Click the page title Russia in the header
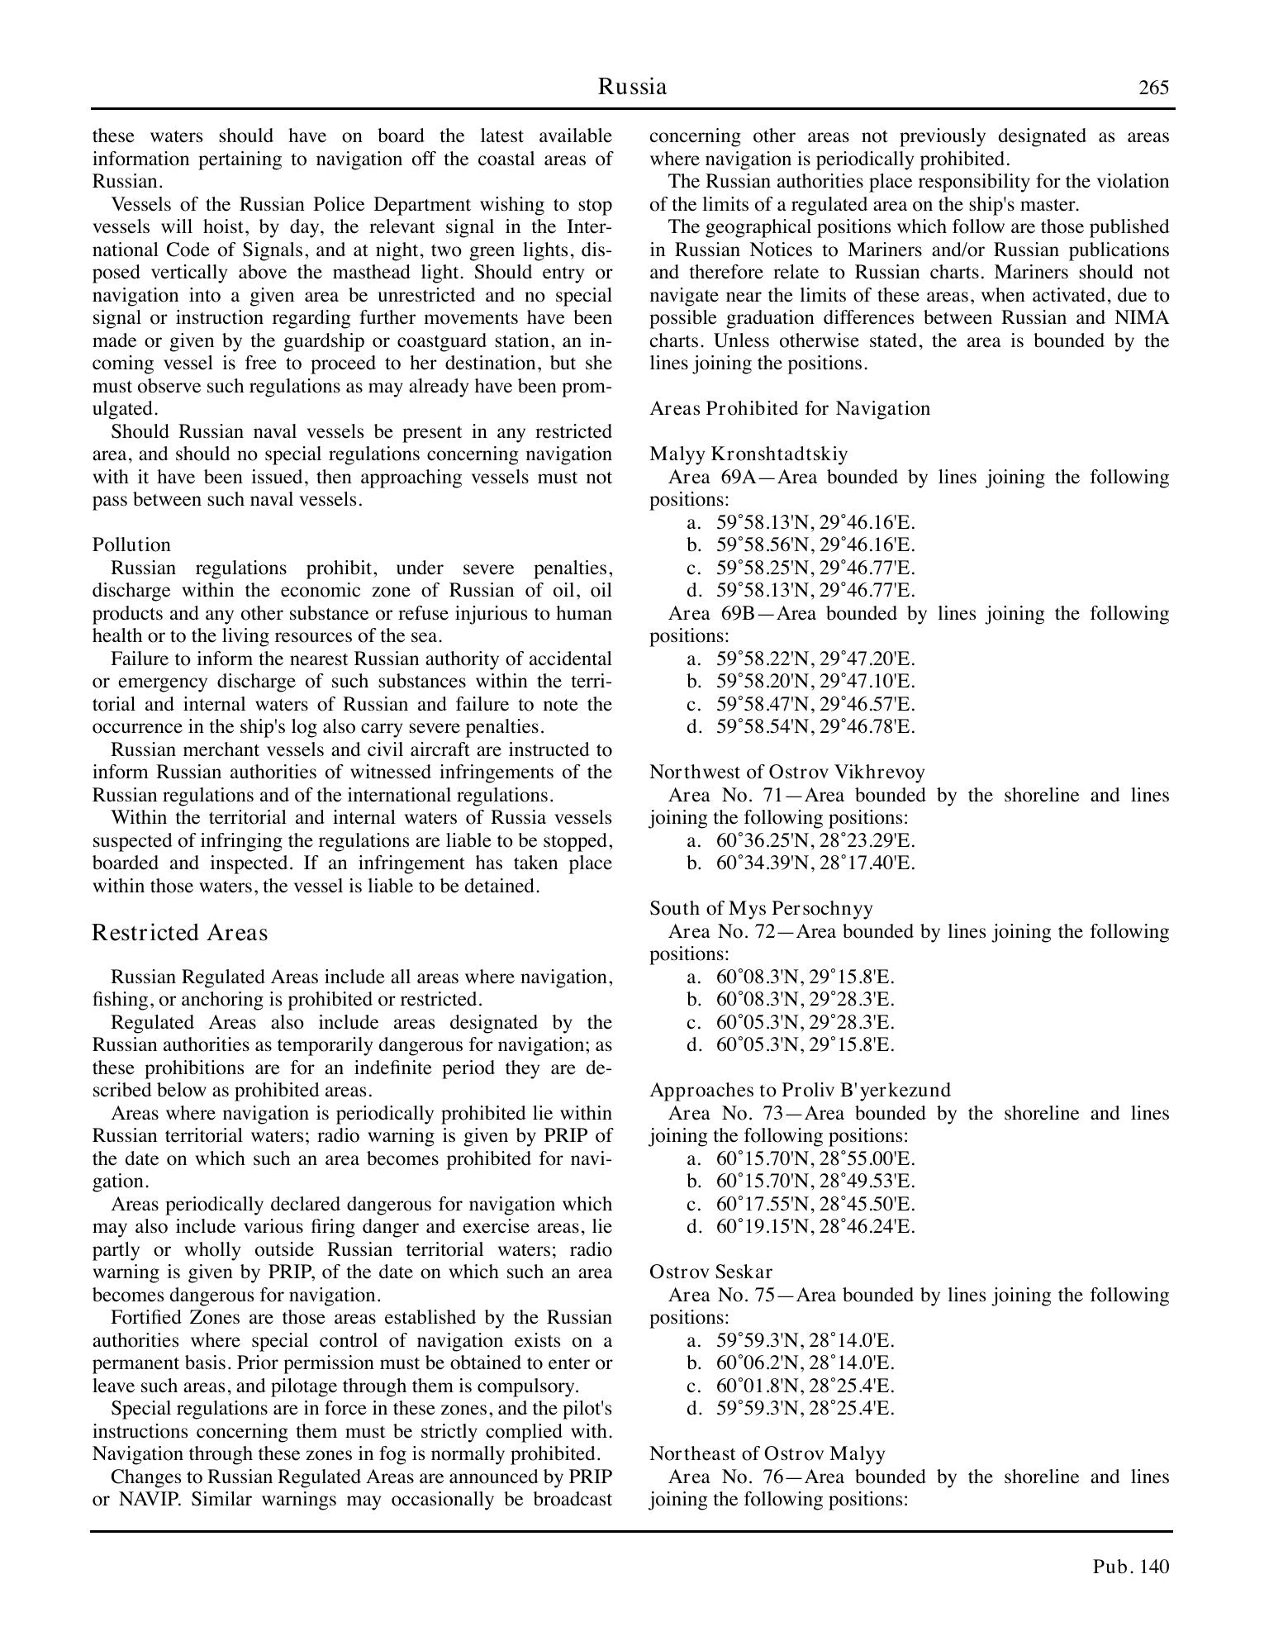(x=632, y=87)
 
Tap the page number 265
(x=1153, y=88)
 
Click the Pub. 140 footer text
(x=1131, y=1567)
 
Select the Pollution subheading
(x=131, y=545)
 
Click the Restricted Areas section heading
(x=180, y=933)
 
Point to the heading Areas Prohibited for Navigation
(x=790, y=408)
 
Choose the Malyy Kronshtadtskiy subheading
(x=748, y=454)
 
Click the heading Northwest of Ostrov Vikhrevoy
(x=786, y=772)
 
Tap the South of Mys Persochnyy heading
(x=761, y=908)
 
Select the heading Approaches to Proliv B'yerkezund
(x=800, y=1090)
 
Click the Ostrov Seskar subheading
(x=710, y=1272)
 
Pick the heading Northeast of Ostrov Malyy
(x=767, y=1453)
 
